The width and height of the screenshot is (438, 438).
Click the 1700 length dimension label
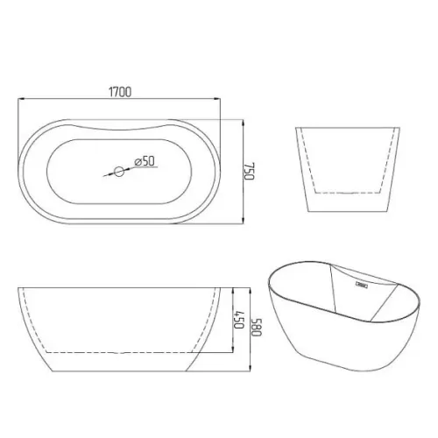coord(120,92)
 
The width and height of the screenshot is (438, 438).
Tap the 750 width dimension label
coord(250,172)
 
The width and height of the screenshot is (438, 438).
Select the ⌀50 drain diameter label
coord(145,161)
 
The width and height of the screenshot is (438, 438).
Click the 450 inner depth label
coord(239,319)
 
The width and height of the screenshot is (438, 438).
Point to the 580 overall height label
coord(257,327)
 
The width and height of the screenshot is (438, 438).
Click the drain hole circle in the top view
coord(119,172)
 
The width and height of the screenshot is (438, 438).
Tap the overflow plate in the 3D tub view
coord(362,284)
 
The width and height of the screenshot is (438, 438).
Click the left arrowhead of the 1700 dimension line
coord(21,99)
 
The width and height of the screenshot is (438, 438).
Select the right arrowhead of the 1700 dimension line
coord(217,99)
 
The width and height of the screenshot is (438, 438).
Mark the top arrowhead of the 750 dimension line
coord(243,123)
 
